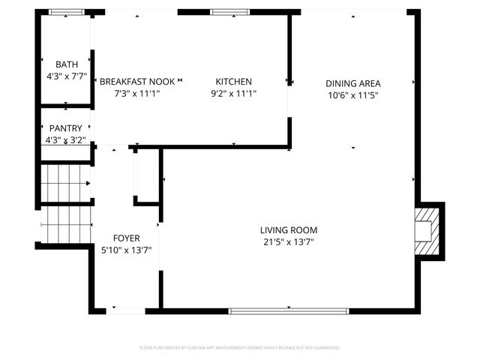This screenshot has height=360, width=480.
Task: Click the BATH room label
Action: click(66, 64)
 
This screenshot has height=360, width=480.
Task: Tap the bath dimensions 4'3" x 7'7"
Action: click(66, 76)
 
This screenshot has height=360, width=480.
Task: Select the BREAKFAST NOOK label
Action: click(136, 82)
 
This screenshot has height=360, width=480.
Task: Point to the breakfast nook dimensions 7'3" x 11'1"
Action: click(136, 93)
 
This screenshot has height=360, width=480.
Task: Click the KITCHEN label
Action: click(233, 82)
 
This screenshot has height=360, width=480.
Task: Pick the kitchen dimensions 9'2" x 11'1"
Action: click(233, 93)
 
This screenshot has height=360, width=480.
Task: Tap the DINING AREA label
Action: click(353, 83)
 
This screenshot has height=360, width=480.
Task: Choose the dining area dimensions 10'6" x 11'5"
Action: click(353, 95)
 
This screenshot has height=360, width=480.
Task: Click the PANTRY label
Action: click(66, 129)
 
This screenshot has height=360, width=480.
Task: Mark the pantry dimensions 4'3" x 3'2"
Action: click(66, 139)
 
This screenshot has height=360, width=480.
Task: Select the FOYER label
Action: click(126, 238)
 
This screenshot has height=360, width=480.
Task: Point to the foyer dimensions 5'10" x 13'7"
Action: click(126, 250)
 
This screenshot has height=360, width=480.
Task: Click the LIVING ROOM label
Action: click(289, 230)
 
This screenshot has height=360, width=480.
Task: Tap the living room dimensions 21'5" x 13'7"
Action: click(289, 242)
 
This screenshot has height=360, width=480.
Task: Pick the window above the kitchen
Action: click(223, 12)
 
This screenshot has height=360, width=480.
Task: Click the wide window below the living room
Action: click(289, 310)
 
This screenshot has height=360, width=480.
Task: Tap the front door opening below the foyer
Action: click(126, 310)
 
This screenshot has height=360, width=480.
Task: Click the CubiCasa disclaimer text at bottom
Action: click(240, 348)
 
